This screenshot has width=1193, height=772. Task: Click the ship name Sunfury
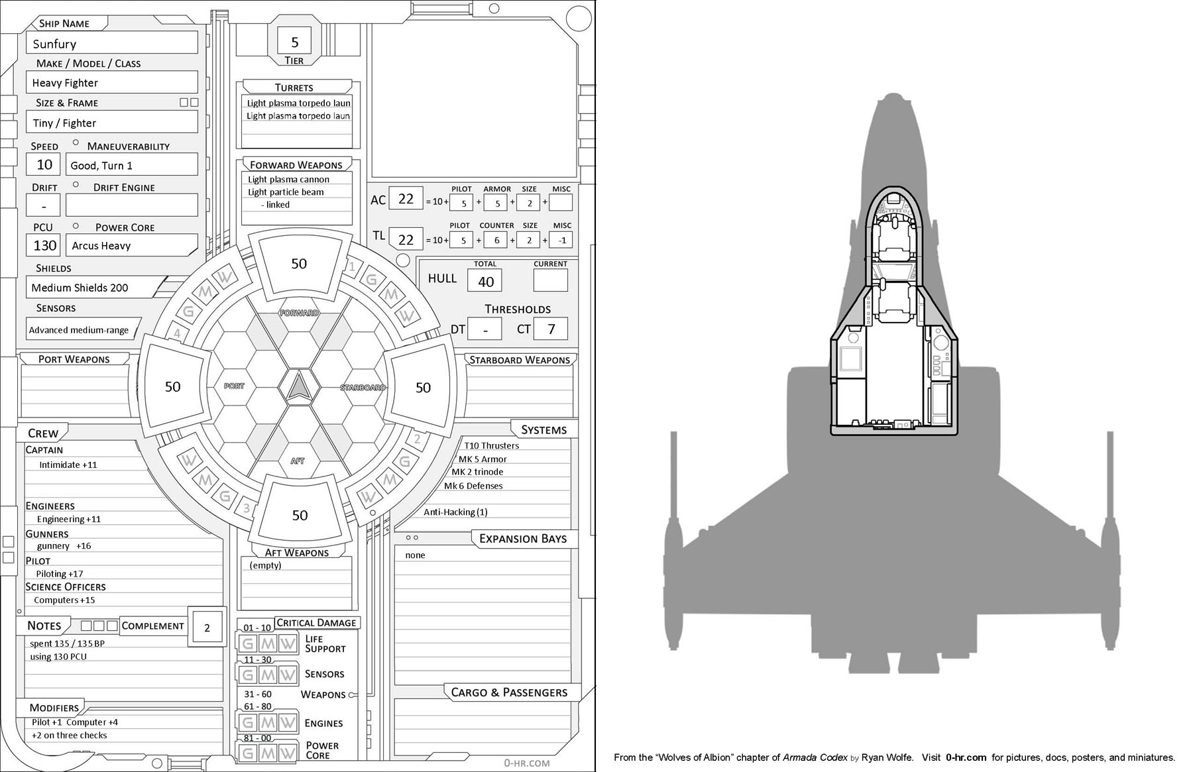(55, 44)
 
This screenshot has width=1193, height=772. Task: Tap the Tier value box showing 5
(295, 42)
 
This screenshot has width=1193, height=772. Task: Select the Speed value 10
(44, 165)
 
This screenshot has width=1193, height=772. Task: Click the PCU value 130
(44, 246)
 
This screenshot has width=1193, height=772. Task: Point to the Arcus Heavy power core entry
(101, 246)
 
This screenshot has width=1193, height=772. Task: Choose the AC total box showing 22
(406, 199)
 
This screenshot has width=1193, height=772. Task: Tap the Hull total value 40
(486, 282)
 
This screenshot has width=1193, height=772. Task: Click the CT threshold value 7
(551, 329)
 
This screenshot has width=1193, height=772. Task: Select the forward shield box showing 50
(299, 264)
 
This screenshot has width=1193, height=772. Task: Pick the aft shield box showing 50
(300, 516)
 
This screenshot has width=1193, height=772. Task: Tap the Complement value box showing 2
(207, 628)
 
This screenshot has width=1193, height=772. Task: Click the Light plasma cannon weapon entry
(288, 180)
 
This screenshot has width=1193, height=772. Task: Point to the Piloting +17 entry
(60, 574)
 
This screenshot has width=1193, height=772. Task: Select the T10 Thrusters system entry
(491, 446)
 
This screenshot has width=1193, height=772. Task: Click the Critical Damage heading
(316, 623)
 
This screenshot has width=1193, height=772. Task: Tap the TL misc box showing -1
(561, 241)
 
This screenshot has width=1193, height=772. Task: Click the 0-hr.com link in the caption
(966, 757)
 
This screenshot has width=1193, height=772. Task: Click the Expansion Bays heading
(522, 539)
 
